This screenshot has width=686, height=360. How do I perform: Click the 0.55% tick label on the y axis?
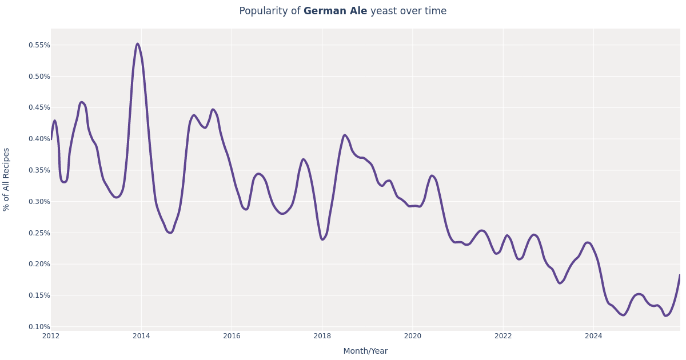click(39, 45)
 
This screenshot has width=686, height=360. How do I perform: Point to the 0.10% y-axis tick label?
click(39, 327)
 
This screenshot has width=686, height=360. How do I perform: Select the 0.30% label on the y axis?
click(39, 202)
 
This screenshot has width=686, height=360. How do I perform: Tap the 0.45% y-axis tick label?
click(39, 107)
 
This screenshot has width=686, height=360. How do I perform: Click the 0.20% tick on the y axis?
click(39, 264)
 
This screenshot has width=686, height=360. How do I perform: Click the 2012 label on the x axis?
click(51, 336)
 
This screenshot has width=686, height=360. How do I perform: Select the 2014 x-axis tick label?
click(141, 336)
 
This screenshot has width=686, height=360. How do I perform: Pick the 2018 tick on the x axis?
click(322, 336)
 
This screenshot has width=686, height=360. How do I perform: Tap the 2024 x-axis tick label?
click(593, 336)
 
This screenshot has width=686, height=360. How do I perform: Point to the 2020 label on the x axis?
click(412, 336)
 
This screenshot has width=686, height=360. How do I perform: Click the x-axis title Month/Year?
click(365, 351)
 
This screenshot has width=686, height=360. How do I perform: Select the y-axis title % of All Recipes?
click(7, 179)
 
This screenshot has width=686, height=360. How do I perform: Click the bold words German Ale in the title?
click(335, 11)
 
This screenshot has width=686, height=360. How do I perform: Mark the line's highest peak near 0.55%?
click(137, 44)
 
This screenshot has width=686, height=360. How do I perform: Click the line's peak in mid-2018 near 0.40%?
click(345, 135)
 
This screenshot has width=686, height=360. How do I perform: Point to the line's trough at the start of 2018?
click(322, 239)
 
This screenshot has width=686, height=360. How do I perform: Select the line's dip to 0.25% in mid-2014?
click(170, 233)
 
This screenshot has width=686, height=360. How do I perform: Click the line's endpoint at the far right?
click(680, 275)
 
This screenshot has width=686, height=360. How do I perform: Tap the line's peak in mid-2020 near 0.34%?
click(432, 176)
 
